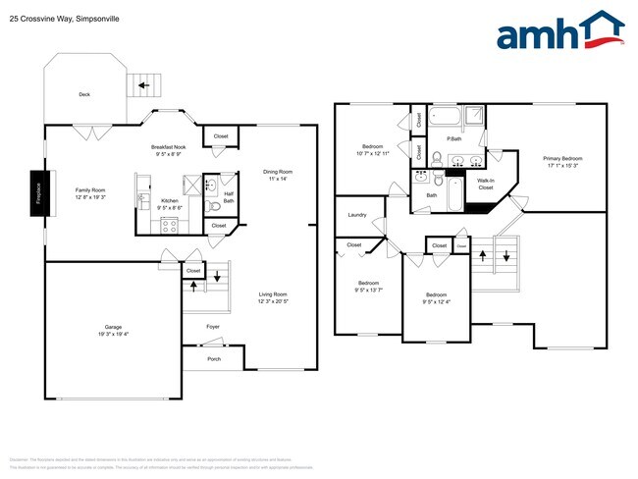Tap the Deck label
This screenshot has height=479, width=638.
click(85, 94)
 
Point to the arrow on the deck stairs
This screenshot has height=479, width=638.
click(144, 85)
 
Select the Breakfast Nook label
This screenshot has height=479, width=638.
click(169, 146)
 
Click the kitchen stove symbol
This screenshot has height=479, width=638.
click(169, 224)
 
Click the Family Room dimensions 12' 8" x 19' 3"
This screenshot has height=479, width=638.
click(90, 198)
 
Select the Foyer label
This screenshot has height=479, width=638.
click(213, 326)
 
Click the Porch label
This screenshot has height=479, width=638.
click(214, 358)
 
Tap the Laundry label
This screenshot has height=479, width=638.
click(357, 214)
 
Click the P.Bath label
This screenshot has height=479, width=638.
click(453, 138)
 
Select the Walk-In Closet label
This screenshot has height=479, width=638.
click(485, 184)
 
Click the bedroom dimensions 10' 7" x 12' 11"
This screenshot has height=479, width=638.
click(373, 154)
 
